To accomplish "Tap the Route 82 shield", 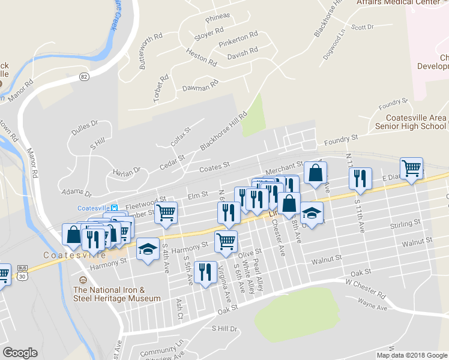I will click(83, 76).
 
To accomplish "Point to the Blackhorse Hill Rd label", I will click(223, 132).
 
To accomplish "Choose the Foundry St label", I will click(340, 139).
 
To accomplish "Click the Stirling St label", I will click(403, 224).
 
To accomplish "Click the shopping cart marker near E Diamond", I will click(412, 168).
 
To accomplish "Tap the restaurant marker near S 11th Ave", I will click(360, 178).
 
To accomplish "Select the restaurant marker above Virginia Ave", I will click(205, 272).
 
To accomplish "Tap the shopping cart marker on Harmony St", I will click(226, 241).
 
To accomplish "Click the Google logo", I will click(20, 353).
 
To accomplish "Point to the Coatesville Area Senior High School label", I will click(411, 122).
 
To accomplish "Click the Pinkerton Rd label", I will click(238, 38).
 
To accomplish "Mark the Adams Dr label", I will click(76, 193).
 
